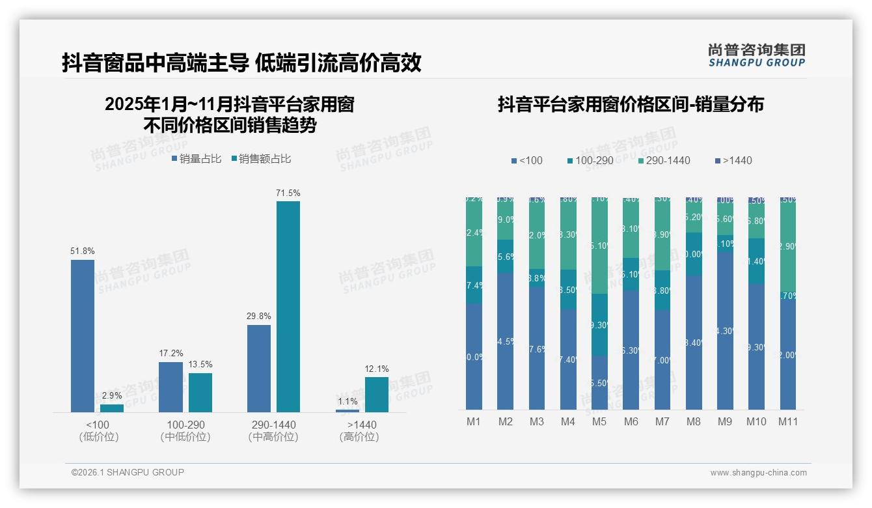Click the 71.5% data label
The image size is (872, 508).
[x=288, y=193]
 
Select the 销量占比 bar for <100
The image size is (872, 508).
[x=83, y=335]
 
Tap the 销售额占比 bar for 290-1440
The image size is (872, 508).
[x=288, y=306]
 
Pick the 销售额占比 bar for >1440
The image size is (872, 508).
[x=376, y=394]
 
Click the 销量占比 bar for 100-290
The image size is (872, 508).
[x=171, y=387]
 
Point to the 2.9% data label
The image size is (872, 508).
[x=112, y=396]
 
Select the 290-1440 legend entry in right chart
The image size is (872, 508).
[x=664, y=160]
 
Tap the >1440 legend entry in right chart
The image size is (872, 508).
[x=733, y=160]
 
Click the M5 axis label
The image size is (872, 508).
[x=599, y=421]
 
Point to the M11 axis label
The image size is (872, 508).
[x=788, y=421]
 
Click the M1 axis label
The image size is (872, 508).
[x=474, y=421]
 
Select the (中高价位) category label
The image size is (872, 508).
[x=273, y=437]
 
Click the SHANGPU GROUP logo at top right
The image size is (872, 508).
[x=756, y=55]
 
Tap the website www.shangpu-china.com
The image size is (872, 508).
[x=758, y=473]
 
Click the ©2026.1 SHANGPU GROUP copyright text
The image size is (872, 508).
[x=128, y=472]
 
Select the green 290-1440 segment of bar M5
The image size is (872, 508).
[x=599, y=246]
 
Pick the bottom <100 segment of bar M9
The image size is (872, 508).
[x=725, y=331]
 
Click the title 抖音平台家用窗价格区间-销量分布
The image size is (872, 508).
[x=631, y=104]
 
